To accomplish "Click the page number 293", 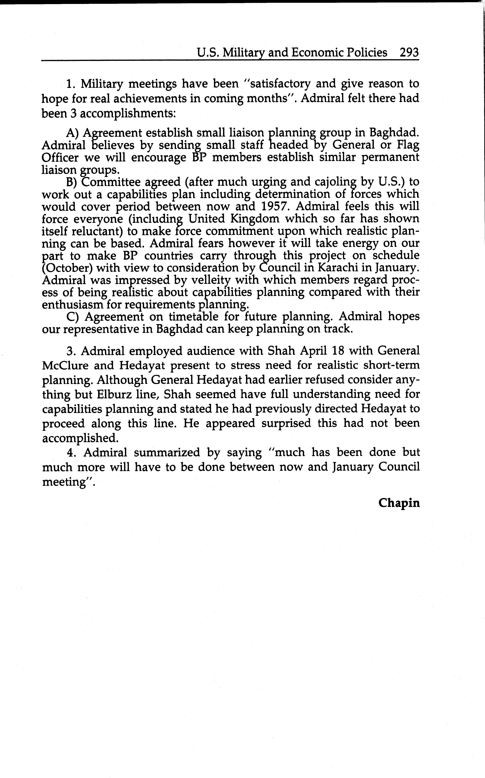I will coord(409,52).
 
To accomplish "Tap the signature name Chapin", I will coord(399,503).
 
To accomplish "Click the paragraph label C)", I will coord(73,317).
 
